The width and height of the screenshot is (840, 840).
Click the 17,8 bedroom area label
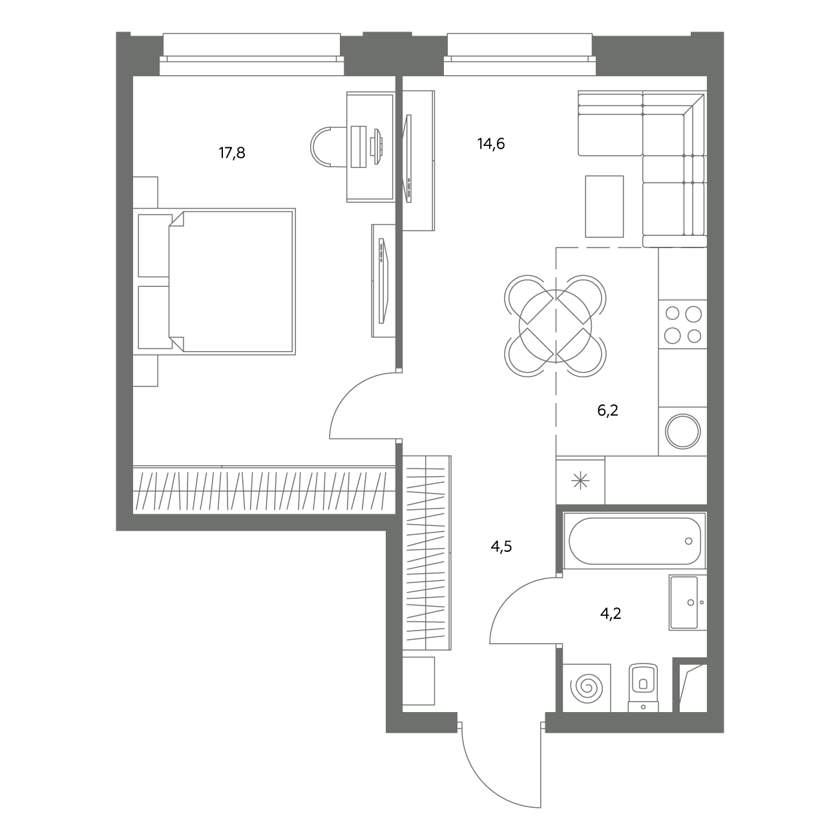pos(232,153)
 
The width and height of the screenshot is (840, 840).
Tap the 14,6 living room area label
pos(491,143)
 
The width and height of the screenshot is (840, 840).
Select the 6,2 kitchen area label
pos(607,410)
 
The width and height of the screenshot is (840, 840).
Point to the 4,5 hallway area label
pos(501,546)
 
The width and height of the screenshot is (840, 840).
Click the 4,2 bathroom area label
pos(611,614)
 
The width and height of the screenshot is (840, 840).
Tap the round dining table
pos(555,326)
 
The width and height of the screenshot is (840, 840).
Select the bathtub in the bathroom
pos(635,541)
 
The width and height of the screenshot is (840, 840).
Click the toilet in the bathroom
pos(643,688)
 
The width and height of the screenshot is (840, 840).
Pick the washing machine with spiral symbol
pos(587,688)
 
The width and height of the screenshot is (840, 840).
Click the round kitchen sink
pos(682,432)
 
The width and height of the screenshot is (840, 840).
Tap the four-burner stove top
pos(682,324)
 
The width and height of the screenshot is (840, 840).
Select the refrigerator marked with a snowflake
pos(581,481)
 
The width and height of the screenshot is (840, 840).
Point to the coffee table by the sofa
pos(604,207)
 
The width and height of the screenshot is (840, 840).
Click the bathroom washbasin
pos(688,603)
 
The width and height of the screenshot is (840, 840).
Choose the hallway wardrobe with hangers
pos(426,554)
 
